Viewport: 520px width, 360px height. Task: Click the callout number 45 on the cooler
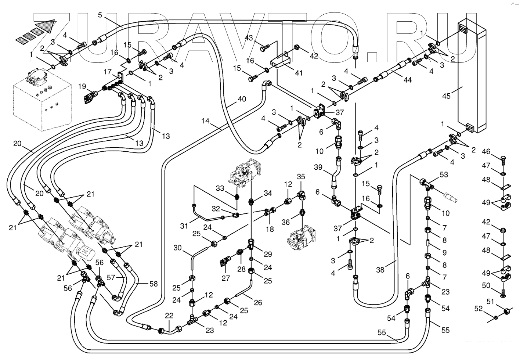pyautogui.click(x=446, y=96)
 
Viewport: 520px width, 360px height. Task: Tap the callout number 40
pyautogui.click(x=241, y=99)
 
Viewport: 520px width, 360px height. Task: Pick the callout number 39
pyautogui.click(x=318, y=168)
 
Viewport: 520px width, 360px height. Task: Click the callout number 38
pyautogui.click(x=380, y=270)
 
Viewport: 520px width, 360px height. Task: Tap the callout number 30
pyautogui.click(x=178, y=248)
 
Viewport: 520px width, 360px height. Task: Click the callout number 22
pyautogui.click(x=169, y=316)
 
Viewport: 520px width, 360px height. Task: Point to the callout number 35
pyautogui.click(x=301, y=177)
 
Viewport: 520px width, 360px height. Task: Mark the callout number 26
pyautogui.click(x=258, y=303)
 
